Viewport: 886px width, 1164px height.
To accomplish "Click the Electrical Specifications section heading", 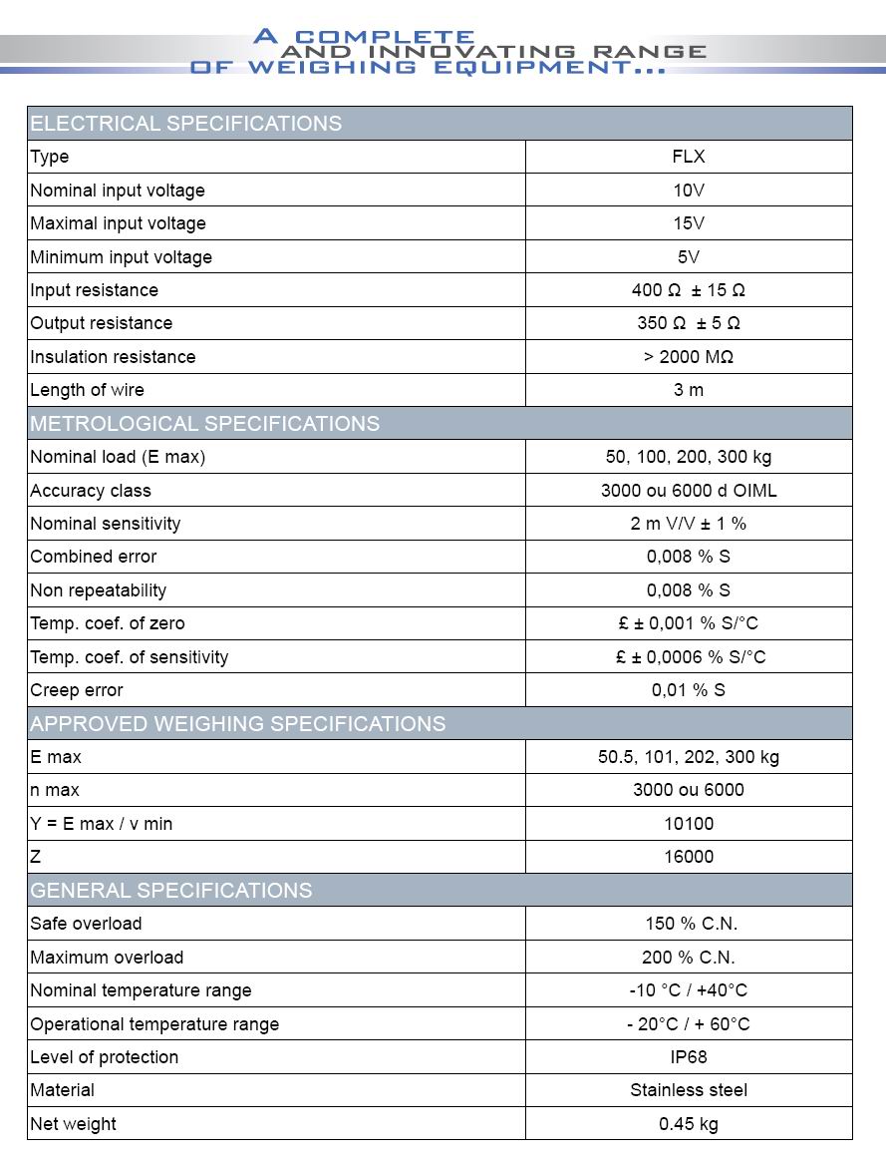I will tap(186, 124).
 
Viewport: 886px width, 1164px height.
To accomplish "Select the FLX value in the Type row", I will tap(689, 157).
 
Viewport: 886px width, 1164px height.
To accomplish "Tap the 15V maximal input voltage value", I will tap(689, 223).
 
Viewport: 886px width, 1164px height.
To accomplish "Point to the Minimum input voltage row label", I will tap(121, 257).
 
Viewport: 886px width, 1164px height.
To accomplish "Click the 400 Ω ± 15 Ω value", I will tap(689, 290).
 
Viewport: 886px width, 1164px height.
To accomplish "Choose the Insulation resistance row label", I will tap(113, 357).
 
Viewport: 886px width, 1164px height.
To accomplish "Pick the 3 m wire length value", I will tap(689, 390).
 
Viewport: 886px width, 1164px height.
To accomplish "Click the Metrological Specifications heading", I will tap(204, 424).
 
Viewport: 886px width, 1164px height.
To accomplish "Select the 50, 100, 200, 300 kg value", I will tap(689, 457).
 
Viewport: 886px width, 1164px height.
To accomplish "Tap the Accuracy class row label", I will tap(91, 491).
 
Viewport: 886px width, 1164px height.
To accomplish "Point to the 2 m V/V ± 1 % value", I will tap(689, 524).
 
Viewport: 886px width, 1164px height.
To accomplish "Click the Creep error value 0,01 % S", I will tap(689, 690).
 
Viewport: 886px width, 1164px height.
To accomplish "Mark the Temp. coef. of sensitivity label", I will tap(130, 657).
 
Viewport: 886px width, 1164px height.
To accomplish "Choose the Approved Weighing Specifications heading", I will tap(238, 724).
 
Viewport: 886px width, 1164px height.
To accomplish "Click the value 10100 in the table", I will tap(689, 824).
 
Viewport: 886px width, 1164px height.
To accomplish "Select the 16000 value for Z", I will tap(689, 857).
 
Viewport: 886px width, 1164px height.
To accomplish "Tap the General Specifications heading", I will tap(171, 891).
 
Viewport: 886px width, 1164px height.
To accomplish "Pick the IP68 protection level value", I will tap(689, 1057).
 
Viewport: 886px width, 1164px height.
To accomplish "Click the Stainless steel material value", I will tap(689, 1090).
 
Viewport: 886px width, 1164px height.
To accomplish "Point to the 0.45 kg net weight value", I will tap(689, 1124).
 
